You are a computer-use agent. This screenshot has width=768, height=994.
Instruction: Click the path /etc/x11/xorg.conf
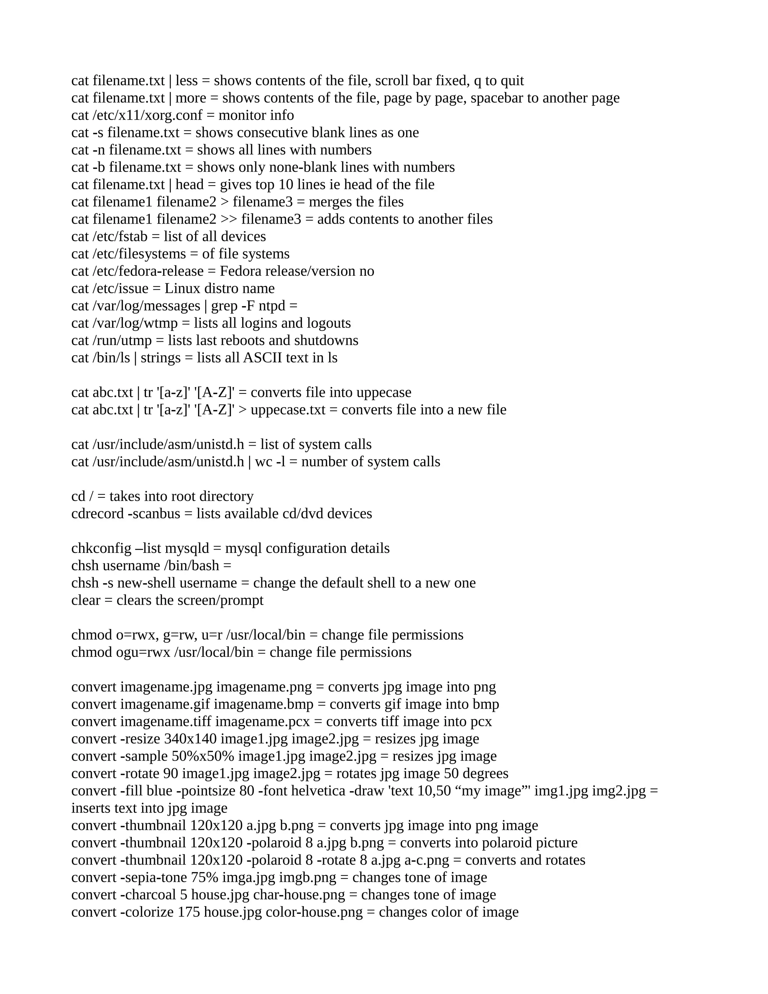(147, 116)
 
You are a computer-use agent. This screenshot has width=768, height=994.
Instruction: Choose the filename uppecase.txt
(288, 410)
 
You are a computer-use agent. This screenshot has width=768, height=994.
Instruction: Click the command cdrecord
(97, 514)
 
